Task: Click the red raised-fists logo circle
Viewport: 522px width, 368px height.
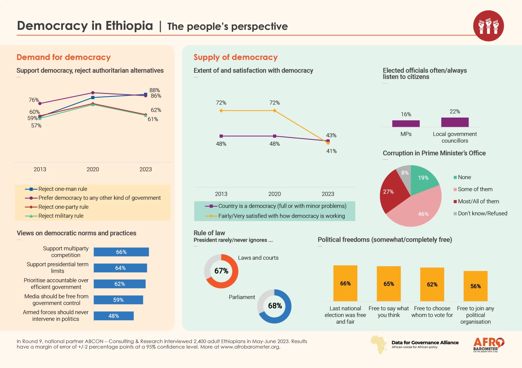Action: tap(488, 26)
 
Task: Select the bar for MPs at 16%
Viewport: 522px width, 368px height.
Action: tap(406, 124)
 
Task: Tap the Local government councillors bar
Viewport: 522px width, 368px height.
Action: tap(455, 122)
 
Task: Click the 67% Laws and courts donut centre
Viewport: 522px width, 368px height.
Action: tap(221, 271)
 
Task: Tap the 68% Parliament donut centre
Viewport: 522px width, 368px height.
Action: tap(275, 306)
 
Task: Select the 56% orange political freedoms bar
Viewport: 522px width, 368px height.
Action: tap(475, 286)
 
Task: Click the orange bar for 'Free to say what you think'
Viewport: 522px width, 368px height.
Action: tap(389, 284)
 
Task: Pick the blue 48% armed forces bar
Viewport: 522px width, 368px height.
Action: tap(114, 316)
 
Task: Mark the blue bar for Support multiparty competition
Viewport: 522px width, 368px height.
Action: tap(121, 252)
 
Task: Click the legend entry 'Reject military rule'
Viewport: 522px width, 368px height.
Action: tap(61, 216)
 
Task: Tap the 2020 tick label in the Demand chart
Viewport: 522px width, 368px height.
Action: tap(93, 169)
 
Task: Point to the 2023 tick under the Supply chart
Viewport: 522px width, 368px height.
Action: tap(328, 194)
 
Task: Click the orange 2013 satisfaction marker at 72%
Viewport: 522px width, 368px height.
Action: tap(221, 111)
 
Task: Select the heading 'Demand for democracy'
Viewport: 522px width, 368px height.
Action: tap(64, 57)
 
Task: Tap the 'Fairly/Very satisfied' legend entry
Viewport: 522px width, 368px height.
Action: tap(281, 216)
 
